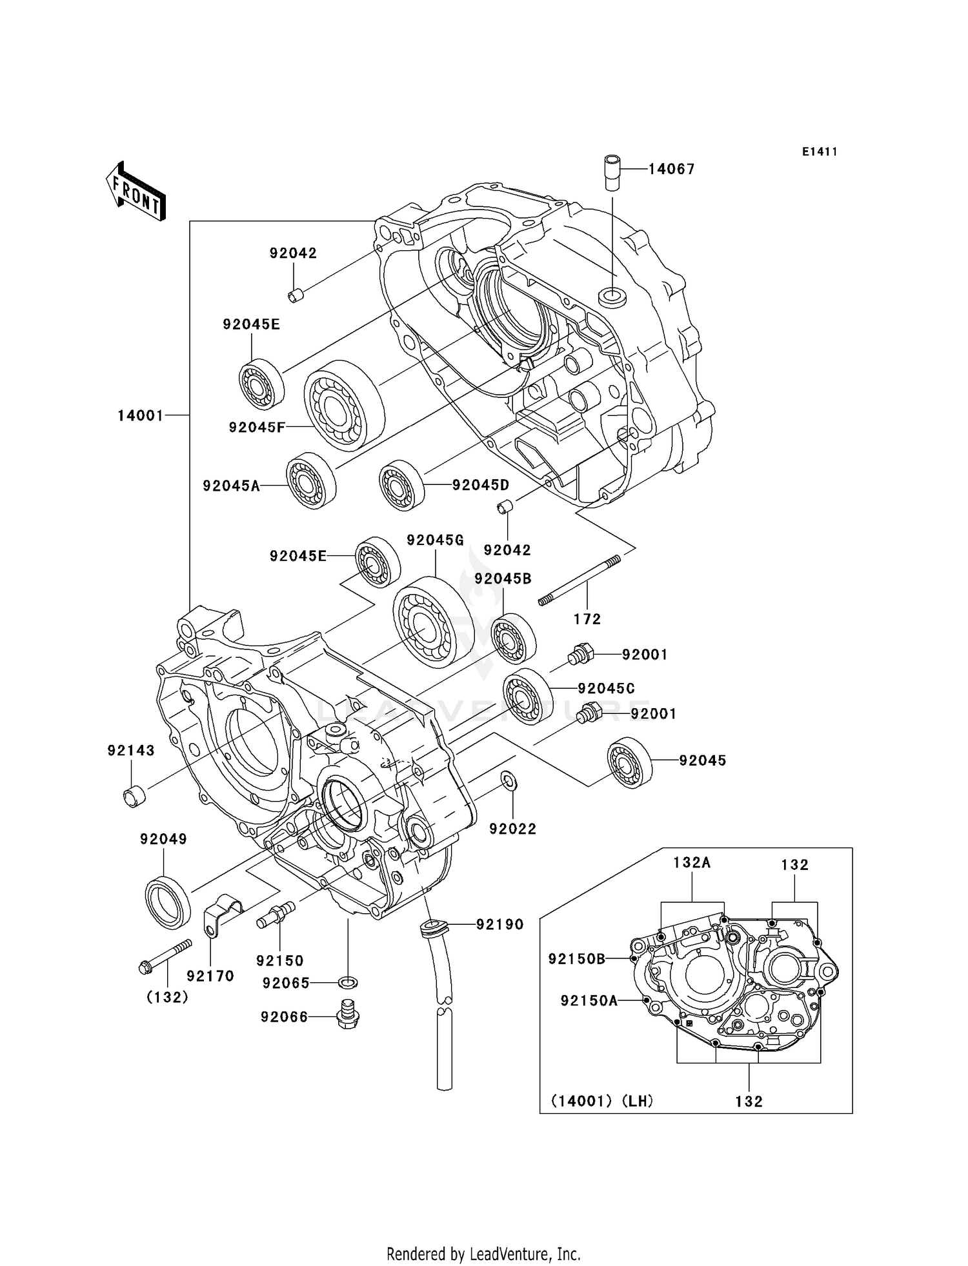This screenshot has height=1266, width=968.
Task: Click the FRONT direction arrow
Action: click(x=136, y=192)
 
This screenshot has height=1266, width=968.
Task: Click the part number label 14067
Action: click(x=671, y=170)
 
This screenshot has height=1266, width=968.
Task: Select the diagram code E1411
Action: click(x=820, y=152)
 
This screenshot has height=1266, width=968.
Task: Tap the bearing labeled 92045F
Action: click(x=343, y=405)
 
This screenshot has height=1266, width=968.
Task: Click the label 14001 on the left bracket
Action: click(x=140, y=416)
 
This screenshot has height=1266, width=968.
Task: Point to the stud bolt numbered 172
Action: click(x=579, y=580)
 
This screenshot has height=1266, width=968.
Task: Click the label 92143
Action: click(x=131, y=751)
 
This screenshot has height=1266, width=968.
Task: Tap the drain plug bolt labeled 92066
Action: click(x=347, y=1016)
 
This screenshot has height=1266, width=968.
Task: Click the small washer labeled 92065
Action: click(x=348, y=983)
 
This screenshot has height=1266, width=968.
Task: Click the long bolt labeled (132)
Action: click(x=165, y=955)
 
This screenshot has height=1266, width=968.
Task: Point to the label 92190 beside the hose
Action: click(x=500, y=925)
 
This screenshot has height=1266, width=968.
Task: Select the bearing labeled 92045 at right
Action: click(x=629, y=762)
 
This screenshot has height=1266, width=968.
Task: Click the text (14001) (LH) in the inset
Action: click(x=602, y=1102)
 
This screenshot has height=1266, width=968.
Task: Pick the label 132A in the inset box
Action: click(x=692, y=863)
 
